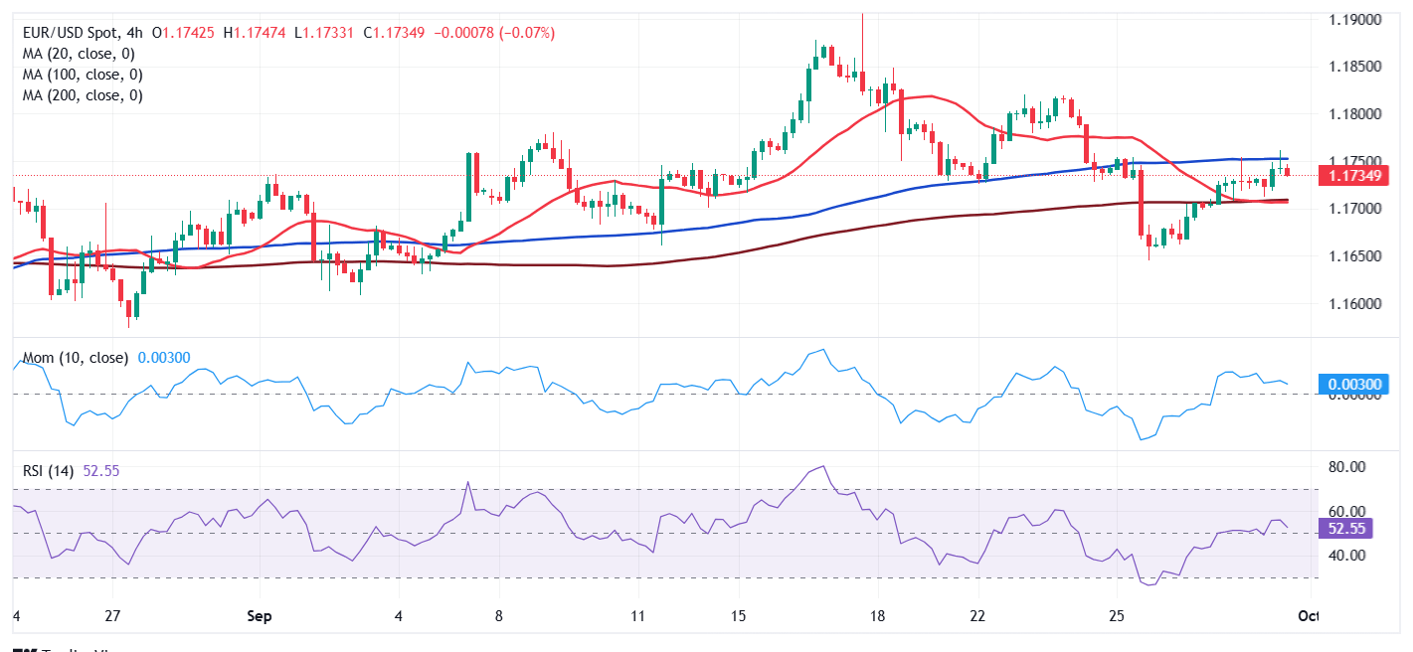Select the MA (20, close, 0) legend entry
[80, 54]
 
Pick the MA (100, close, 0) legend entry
[84, 75]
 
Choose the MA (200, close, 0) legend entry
[84, 95]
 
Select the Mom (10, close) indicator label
[76, 358]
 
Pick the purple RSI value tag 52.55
[1348, 529]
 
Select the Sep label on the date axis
[260, 615]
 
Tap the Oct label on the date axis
[1309, 615]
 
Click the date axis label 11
[637, 615]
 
